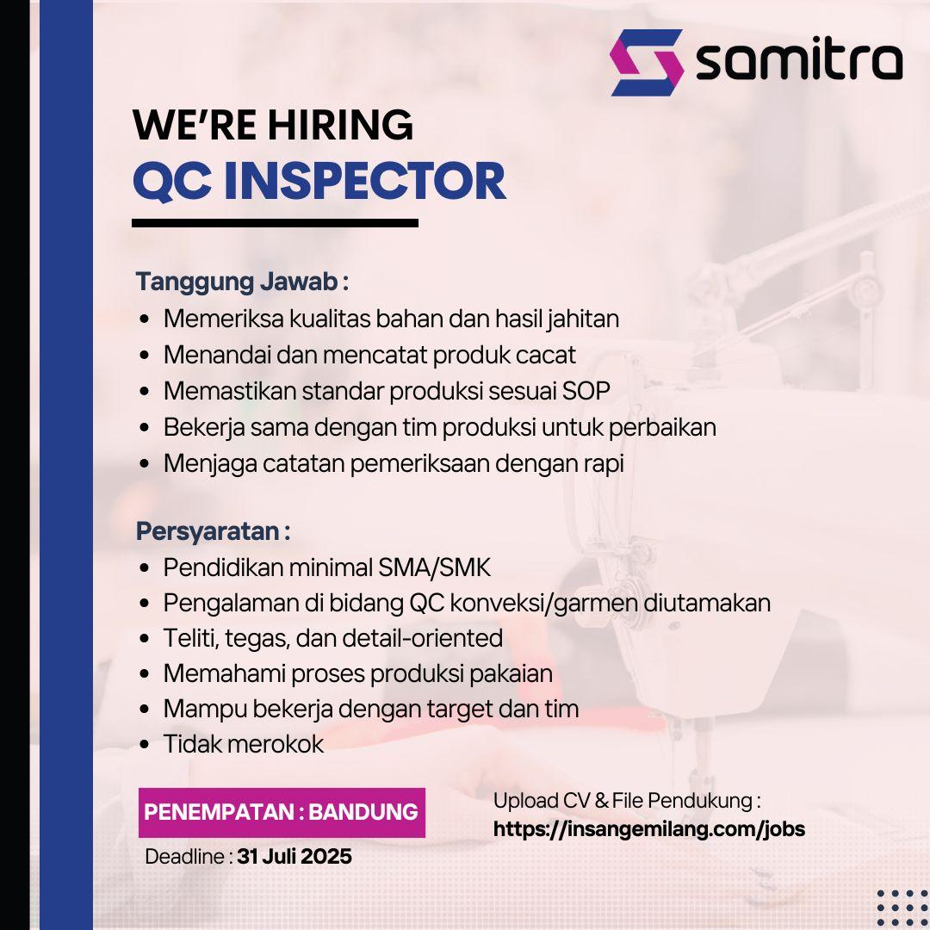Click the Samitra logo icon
647,62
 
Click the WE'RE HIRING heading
273,125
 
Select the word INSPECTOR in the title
365,181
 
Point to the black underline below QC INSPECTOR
276,223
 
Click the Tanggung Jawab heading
242,281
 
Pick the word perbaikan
662,428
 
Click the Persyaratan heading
213,531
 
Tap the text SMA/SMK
435,567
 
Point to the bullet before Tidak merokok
144,744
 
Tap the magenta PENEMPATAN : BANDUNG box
282,813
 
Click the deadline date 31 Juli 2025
294,857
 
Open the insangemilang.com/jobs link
649,828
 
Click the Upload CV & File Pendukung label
627,801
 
